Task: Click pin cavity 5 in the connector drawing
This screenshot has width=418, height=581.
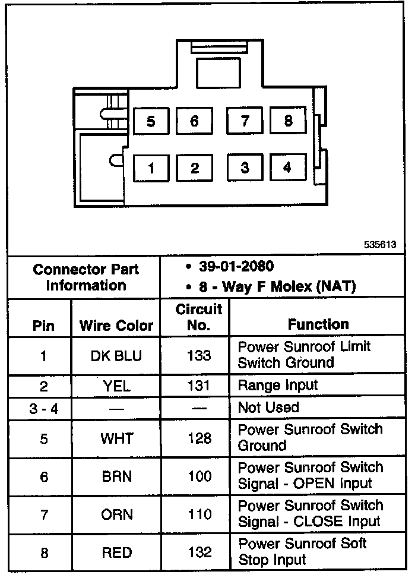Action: point(151,122)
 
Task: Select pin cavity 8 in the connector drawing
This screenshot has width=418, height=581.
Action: point(288,121)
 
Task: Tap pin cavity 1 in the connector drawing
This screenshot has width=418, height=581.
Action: point(151,169)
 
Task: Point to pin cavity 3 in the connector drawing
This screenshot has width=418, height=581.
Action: point(245,168)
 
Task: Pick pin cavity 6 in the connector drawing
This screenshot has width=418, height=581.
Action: point(194,122)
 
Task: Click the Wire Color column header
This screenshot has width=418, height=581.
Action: point(116,326)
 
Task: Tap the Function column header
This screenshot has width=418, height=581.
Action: point(318,324)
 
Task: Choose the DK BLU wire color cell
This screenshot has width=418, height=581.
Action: point(116,356)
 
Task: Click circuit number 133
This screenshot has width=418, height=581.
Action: point(198,355)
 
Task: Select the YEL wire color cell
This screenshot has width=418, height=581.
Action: point(116,387)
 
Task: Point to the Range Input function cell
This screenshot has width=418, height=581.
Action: point(278,386)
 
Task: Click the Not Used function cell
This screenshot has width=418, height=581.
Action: point(268,408)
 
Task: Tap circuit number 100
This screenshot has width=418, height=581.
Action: point(199,476)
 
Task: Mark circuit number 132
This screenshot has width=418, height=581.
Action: point(199,552)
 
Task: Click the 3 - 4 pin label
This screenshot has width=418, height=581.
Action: point(44,409)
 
